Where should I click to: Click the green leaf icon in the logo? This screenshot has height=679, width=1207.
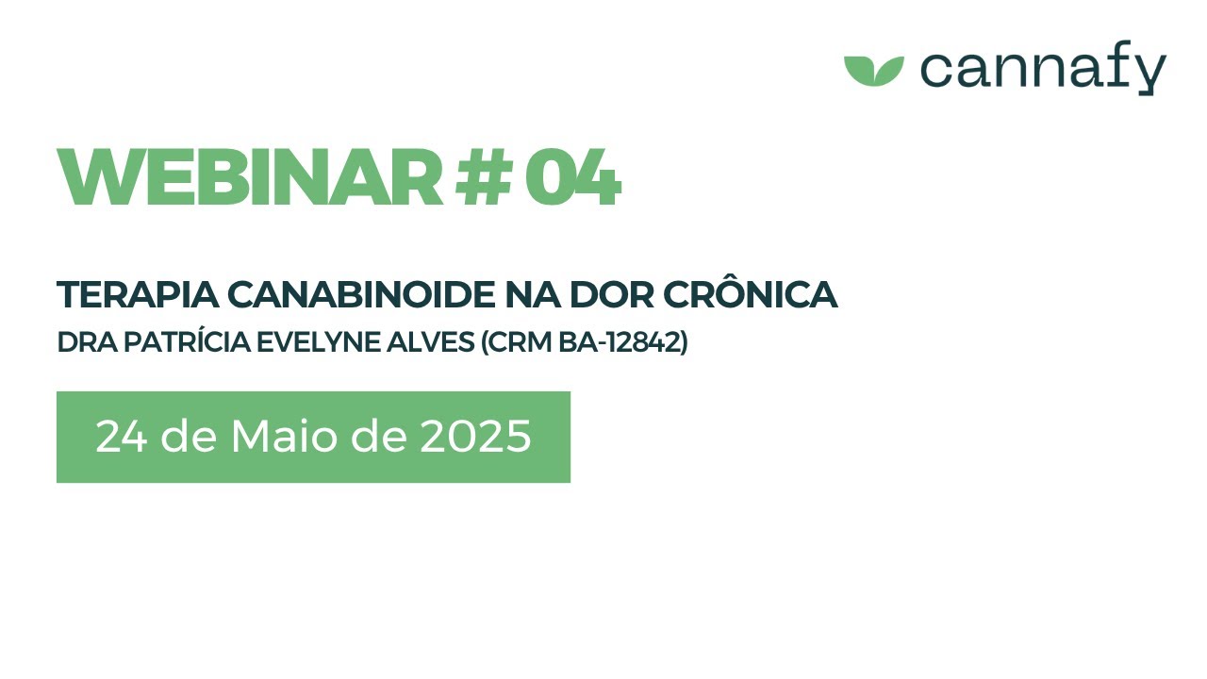pyautogui.click(x=873, y=71)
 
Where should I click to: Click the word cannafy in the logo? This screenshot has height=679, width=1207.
pyautogui.click(x=1043, y=70)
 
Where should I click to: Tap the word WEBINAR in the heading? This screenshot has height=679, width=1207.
pyautogui.click(x=250, y=177)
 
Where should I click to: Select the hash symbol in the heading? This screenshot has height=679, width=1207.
pyautogui.click(x=483, y=177)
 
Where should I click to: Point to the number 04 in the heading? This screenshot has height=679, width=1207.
pyautogui.click(x=571, y=177)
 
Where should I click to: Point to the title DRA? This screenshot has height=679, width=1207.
pyautogui.click(x=83, y=343)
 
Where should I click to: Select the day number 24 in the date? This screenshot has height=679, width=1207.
pyautogui.click(x=120, y=437)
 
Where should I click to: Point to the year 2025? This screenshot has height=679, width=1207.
pyautogui.click(x=475, y=437)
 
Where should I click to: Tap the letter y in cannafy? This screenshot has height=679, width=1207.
pyautogui.click(x=1150, y=74)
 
